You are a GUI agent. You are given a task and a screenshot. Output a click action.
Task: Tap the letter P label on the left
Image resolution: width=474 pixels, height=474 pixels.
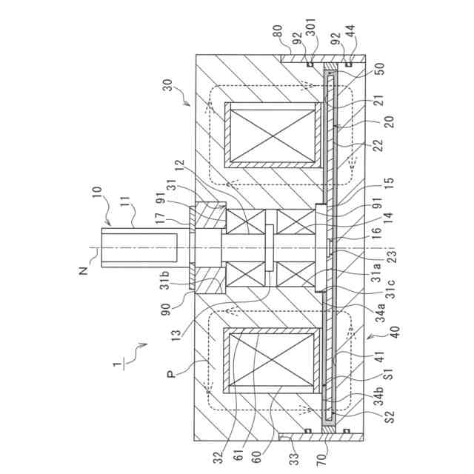(x=172, y=374)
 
